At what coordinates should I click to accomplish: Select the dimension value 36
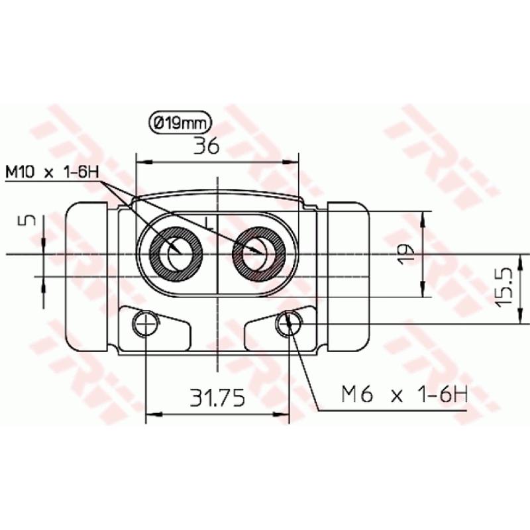coord(206,147)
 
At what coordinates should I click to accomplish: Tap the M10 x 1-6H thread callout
coord(52,173)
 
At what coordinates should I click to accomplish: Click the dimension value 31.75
coord(217,397)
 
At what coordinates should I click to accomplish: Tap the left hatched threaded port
coord(176,254)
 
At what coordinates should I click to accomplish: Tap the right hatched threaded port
coord(258,254)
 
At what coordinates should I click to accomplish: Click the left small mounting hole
coord(144,323)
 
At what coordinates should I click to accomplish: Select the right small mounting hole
coord(290,323)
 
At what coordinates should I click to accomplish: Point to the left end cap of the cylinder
coord(86,278)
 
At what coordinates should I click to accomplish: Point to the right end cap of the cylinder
coord(350,278)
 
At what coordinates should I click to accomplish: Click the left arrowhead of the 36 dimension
coord(140,161)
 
